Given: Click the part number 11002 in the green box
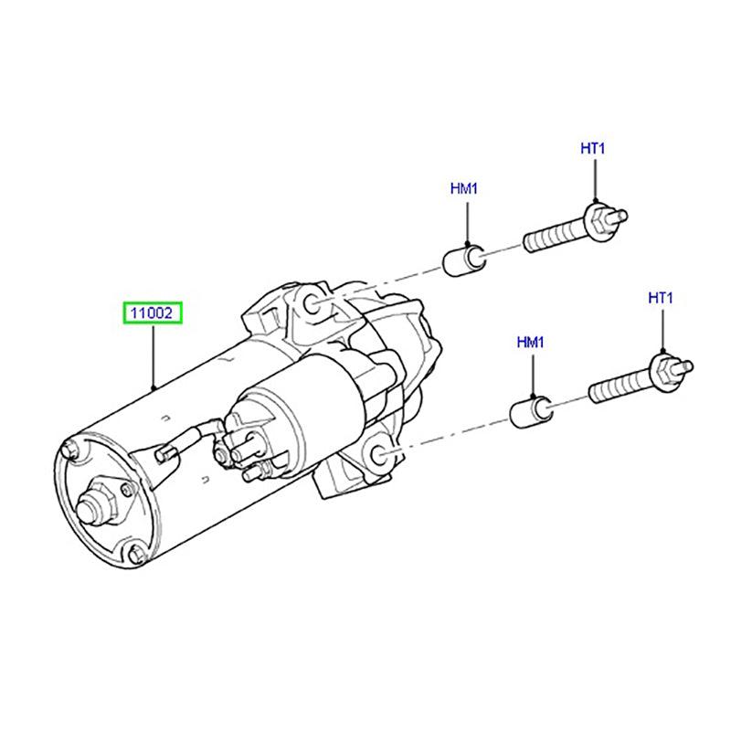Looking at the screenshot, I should (x=154, y=314).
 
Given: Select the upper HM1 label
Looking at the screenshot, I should (x=464, y=189).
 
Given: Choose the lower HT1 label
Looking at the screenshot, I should (x=660, y=298).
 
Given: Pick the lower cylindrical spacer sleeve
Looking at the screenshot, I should (x=529, y=411).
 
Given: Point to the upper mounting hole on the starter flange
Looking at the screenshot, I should (x=310, y=305).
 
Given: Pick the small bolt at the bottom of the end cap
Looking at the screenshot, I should (x=136, y=554).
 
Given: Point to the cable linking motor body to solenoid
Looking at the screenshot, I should (x=192, y=438).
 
